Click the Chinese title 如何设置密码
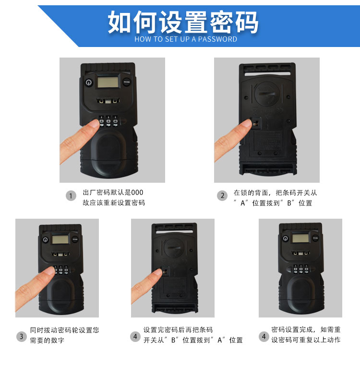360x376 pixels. coord(183,22)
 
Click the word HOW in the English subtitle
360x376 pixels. coord(142,39)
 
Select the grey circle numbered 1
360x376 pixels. coord(71,196)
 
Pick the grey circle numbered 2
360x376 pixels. coord(222,196)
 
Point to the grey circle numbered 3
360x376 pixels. coord(21,337)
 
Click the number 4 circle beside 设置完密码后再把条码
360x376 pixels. coord(135,337)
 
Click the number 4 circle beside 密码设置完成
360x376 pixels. coord(264,337)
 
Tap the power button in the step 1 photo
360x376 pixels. coord(88,82)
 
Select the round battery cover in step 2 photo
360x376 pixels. coord(267,94)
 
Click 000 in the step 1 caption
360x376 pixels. coord(137,193)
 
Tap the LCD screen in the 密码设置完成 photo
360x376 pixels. coord(300,238)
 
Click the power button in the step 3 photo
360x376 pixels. coord(45,240)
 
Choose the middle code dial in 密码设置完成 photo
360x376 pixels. coord(300,270)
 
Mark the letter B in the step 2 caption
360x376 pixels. coord(289,203)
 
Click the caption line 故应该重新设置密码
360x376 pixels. coord(114,203)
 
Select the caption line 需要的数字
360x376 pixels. coord(47,341)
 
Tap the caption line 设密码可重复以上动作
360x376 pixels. coord(306,340)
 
